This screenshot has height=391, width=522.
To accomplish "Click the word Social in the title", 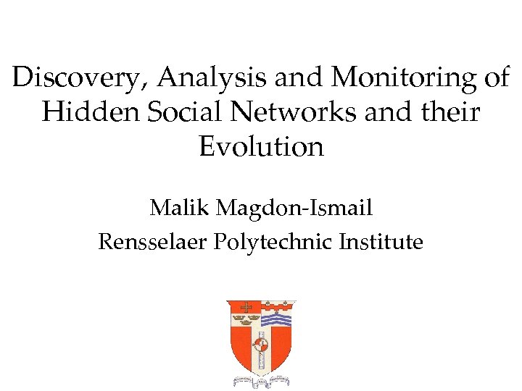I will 173,112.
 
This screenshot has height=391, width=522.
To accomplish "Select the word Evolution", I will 261,147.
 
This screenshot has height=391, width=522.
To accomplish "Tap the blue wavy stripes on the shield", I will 276,318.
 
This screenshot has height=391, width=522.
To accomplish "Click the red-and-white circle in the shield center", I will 261,345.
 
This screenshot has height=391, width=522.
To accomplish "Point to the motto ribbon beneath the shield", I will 261,381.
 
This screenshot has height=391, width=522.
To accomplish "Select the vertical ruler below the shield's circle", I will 261,361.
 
